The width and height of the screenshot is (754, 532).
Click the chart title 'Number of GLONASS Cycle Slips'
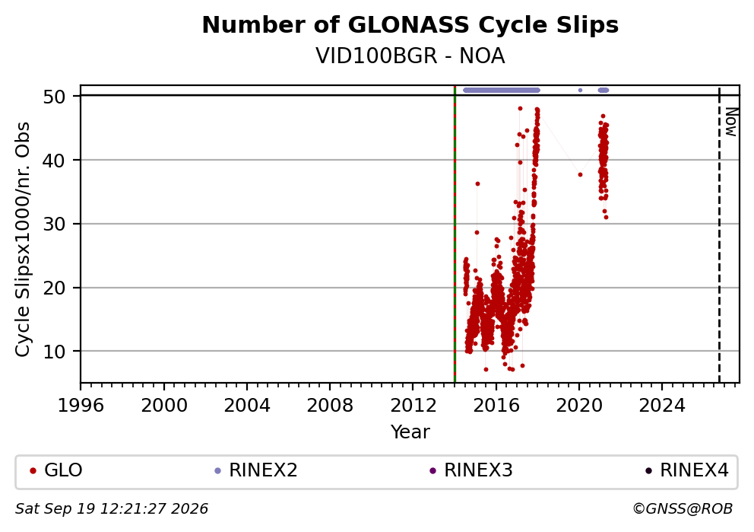pyautogui.click(x=410, y=25)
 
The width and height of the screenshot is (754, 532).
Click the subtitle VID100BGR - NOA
pyautogui.click(x=410, y=56)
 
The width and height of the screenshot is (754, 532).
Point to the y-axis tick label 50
pyautogui.click(x=54, y=97)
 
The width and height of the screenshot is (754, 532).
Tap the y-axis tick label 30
pyautogui.click(x=54, y=224)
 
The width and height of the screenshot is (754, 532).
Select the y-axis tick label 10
pyautogui.click(x=54, y=352)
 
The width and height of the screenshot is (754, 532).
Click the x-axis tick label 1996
pyautogui.click(x=81, y=406)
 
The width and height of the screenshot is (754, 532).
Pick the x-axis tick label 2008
pyautogui.click(x=330, y=406)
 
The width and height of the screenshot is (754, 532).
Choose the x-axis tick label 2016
pyautogui.click(x=496, y=406)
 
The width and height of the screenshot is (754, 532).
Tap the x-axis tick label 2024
pyautogui.click(x=662, y=406)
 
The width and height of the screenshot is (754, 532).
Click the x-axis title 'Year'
pyautogui.click(x=410, y=432)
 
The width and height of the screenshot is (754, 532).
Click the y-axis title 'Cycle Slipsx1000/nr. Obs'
pyautogui.click(x=23, y=239)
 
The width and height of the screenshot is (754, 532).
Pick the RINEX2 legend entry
pyautogui.click(x=256, y=470)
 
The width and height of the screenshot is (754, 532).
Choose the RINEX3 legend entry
pyautogui.click(x=471, y=470)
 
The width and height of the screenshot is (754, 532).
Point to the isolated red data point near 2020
pyautogui.click(x=581, y=175)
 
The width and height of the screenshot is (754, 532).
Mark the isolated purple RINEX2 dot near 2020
pyautogui.click(x=581, y=90)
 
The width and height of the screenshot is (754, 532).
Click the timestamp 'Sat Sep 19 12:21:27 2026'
pyautogui.click(x=112, y=509)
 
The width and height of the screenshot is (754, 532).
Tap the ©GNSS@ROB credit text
pyautogui.click(x=683, y=509)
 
